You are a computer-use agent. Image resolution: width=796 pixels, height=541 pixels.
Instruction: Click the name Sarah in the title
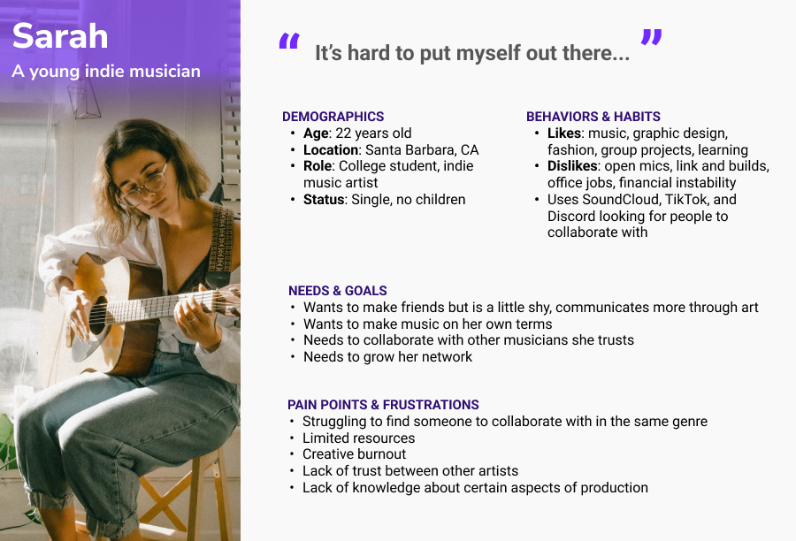tap(60, 36)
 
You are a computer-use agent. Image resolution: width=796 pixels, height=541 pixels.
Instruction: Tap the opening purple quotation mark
tap(289, 41)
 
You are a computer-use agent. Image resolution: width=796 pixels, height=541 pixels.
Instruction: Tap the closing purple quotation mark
tap(651, 37)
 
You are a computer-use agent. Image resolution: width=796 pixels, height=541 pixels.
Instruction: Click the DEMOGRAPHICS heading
tap(333, 116)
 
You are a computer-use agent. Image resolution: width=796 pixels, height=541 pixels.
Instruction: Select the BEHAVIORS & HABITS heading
tap(593, 116)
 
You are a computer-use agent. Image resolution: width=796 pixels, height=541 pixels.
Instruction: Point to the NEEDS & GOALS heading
tap(338, 290)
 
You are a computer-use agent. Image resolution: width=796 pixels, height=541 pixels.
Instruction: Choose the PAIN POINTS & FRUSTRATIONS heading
tap(383, 405)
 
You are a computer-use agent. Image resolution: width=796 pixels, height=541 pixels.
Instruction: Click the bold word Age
tap(316, 134)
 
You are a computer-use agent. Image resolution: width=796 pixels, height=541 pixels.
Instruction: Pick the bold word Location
tap(331, 149)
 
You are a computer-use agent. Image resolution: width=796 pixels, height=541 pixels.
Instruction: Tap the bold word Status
tap(324, 200)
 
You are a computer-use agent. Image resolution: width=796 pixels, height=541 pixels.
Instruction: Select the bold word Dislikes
tap(572, 166)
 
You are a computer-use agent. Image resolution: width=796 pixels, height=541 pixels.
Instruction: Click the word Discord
tap(570, 217)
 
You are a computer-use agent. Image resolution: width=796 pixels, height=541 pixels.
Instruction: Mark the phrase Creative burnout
tap(355, 454)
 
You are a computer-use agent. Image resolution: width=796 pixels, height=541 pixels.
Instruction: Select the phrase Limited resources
tap(358, 438)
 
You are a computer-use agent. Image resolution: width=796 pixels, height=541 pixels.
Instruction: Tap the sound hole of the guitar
tap(98, 316)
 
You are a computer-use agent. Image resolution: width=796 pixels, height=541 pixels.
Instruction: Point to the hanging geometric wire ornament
tap(84, 100)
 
